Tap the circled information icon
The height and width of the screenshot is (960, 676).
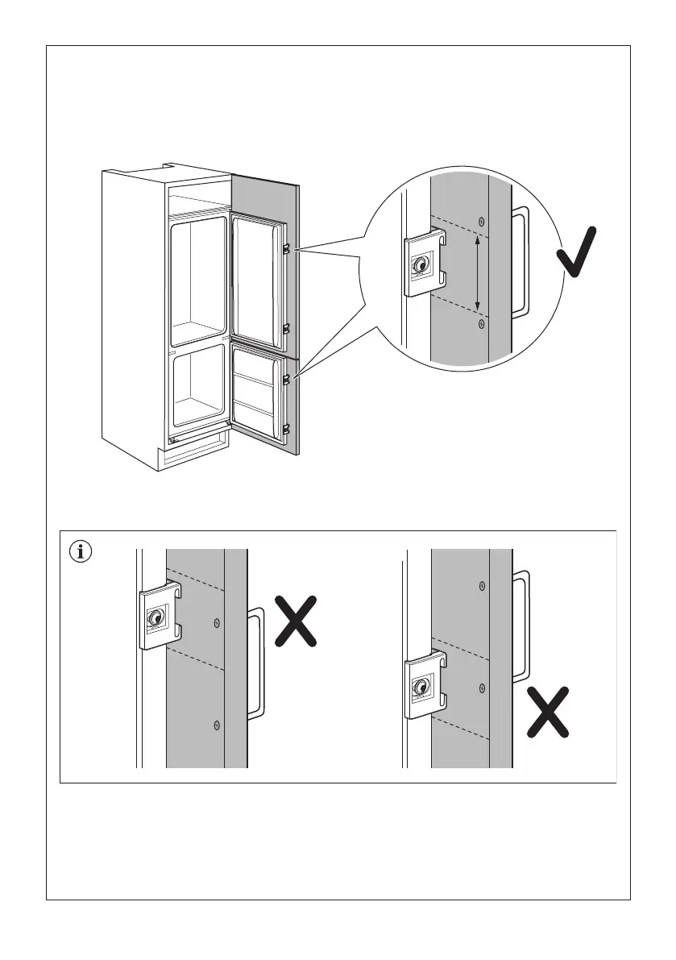[x=81, y=553]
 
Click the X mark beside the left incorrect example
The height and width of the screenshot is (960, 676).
[x=295, y=621]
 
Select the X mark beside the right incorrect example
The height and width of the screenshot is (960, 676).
[x=548, y=711]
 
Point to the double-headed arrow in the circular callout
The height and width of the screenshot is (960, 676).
[x=478, y=273]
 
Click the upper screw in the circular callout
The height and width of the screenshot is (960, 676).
[x=481, y=222]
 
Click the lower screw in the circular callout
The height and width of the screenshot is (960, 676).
[x=481, y=323]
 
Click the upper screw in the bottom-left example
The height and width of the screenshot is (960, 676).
[x=216, y=622]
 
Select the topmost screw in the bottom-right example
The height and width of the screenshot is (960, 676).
[x=482, y=585]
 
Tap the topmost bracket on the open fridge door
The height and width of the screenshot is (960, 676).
[x=287, y=249]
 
